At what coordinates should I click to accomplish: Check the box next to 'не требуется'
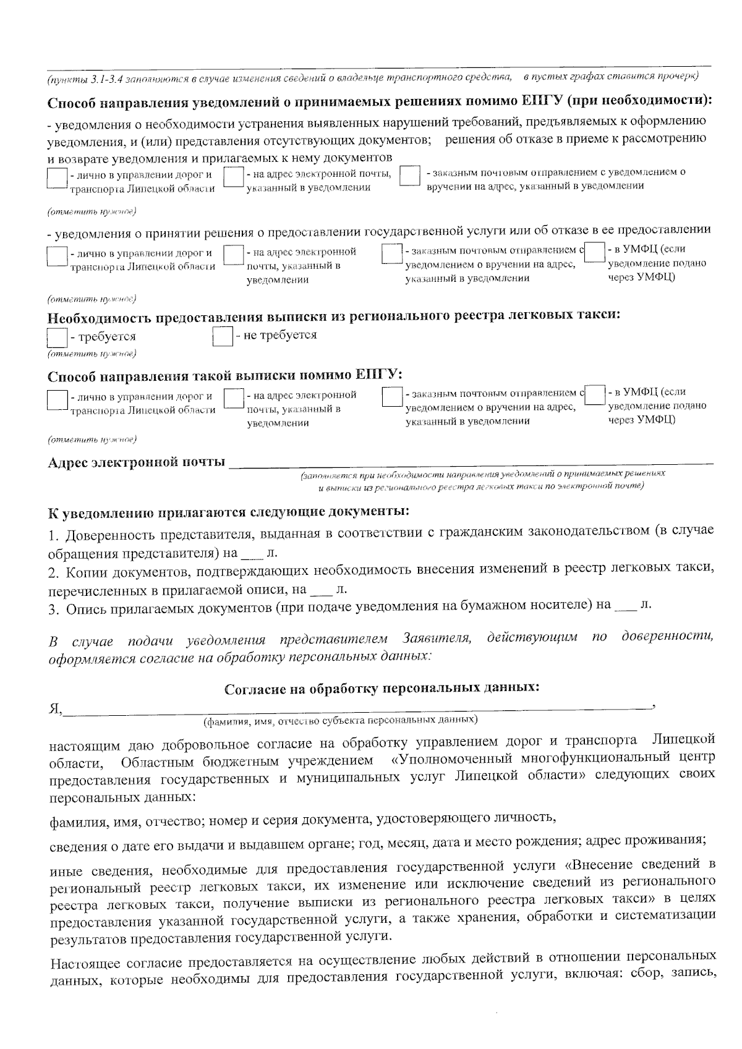222,337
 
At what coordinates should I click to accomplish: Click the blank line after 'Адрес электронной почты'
470,461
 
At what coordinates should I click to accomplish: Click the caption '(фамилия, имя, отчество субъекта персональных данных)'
340,720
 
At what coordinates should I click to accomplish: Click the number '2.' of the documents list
53,568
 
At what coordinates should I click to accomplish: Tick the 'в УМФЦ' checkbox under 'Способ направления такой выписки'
595,394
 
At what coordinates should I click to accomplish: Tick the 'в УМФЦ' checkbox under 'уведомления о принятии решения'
595,252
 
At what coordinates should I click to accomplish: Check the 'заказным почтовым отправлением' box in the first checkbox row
410,176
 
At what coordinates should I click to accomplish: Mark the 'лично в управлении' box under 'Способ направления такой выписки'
57,399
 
